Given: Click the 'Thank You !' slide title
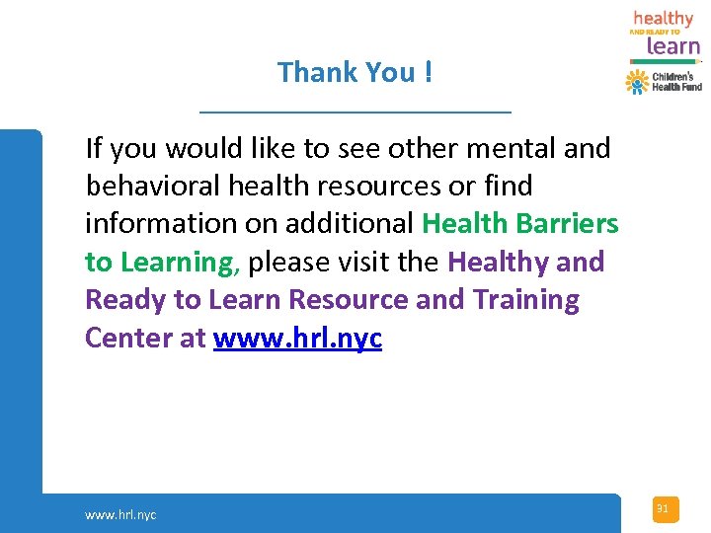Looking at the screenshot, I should [355, 72].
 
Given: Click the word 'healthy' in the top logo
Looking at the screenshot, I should [663, 19].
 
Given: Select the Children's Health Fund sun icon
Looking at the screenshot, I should [637, 81].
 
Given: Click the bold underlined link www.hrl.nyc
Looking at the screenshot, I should [297, 338].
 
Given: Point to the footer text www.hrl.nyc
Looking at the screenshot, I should [120, 514].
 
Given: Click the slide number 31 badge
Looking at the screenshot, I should [664, 509].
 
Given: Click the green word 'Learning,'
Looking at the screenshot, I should [180, 263].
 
